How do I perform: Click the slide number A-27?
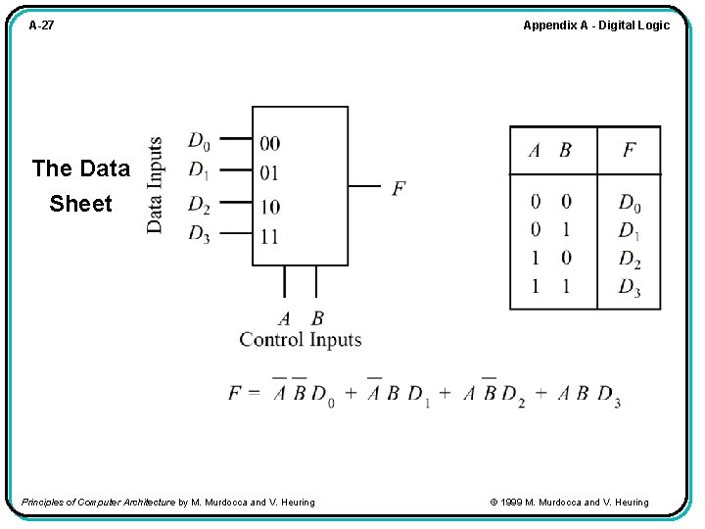41,25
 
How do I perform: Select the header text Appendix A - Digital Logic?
595,25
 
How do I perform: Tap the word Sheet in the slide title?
80,204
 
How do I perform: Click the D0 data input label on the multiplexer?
199,142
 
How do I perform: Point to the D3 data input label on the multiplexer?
199,234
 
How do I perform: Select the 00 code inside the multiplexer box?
269,144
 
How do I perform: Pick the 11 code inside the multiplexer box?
269,236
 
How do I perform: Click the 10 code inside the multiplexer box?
269,207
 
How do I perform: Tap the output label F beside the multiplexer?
399,187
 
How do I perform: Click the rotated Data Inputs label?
155,184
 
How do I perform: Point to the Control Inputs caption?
301,340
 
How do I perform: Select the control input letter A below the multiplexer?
284,318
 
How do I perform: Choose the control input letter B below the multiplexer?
317,318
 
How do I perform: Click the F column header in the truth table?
630,151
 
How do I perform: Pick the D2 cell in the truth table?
630,260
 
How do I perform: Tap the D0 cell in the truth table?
630,204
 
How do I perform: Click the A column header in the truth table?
535,151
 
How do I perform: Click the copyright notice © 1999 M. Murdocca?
568,503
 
